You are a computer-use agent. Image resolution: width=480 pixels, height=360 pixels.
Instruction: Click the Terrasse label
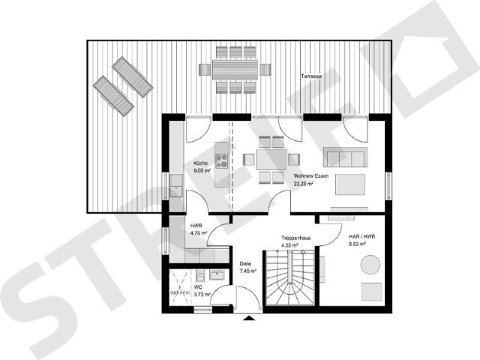click(311, 78)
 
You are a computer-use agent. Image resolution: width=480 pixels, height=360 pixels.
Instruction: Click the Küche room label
click(200, 163)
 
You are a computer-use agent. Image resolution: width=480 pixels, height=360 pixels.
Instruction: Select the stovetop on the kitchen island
click(222, 159)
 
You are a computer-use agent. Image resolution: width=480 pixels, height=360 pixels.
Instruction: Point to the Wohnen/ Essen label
click(311, 175)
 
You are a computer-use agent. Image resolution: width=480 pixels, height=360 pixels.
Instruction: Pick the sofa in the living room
click(345, 157)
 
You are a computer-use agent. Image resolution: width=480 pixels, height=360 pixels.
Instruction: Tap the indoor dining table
click(271, 159)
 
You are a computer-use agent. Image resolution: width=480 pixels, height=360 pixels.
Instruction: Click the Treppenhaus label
click(296, 236)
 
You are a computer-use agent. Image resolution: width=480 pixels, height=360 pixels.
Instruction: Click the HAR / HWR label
click(361, 236)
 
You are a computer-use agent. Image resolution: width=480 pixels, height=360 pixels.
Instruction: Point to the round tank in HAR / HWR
click(370, 265)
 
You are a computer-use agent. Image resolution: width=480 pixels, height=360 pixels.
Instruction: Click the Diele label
click(245, 264)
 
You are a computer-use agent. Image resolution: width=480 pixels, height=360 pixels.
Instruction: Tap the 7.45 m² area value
click(247, 271)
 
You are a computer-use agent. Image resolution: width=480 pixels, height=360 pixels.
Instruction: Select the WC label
click(197, 286)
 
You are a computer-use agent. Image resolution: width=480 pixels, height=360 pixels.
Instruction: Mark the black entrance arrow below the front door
click(248, 319)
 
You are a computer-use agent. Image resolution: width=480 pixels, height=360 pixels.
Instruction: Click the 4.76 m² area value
click(198, 233)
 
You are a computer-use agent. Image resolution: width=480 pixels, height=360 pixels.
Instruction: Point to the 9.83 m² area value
click(357, 244)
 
